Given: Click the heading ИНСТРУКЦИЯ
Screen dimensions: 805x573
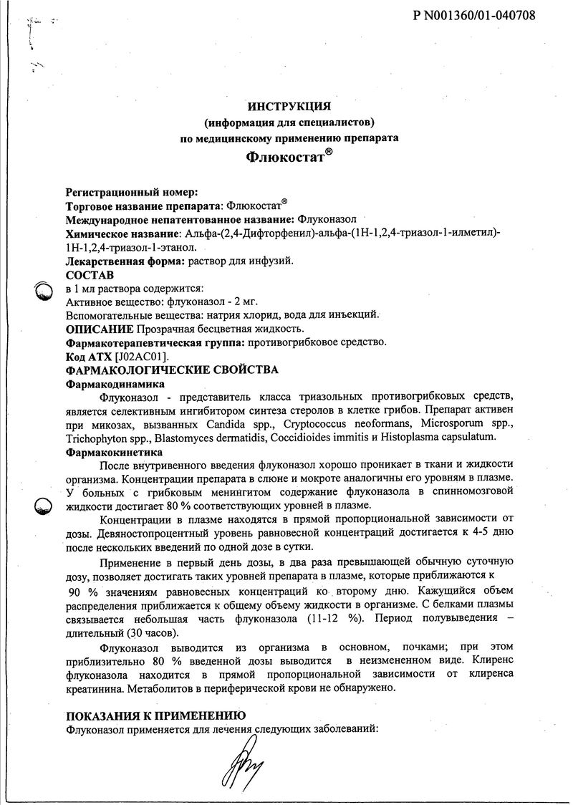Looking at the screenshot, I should click(x=289, y=107).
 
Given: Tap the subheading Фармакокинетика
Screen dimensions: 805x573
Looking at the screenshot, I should click(x=108, y=453).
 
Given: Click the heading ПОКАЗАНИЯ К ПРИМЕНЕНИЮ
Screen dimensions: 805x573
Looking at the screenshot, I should click(x=156, y=715).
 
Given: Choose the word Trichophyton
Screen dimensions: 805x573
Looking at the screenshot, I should click(x=94, y=438).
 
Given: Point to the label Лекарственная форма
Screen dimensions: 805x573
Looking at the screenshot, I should click(x=125, y=261).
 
